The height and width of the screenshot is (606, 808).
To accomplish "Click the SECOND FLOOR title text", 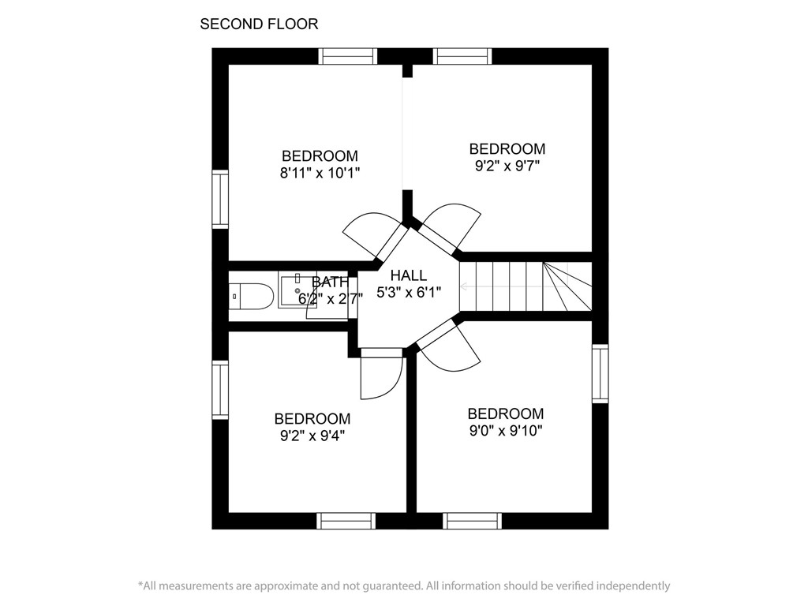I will tap(259, 24).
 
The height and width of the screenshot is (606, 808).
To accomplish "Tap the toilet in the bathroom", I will tap(251, 296).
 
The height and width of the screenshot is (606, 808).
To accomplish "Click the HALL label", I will tap(409, 275).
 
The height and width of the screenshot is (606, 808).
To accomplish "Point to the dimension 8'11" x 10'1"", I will tap(320, 173).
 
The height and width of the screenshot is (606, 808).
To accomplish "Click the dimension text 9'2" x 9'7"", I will tap(507, 166).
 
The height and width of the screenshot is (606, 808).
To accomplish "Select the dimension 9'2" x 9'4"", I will tap(312, 436).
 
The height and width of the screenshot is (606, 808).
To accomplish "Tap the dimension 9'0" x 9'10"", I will tap(505, 431).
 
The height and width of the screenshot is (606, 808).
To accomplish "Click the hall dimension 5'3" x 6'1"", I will tap(409, 292).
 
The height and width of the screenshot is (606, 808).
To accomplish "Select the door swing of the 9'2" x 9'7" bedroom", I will tap(453, 224).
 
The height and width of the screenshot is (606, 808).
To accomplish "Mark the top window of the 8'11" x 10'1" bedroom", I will tap(347, 56).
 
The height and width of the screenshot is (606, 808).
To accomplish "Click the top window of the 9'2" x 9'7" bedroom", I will tap(463, 56).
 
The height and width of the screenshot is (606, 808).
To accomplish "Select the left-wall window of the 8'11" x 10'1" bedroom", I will tap(220, 200).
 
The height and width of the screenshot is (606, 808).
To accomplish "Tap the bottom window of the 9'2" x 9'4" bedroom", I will tap(346, 521).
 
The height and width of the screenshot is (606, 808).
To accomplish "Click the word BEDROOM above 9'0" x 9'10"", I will tap(505, 413).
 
